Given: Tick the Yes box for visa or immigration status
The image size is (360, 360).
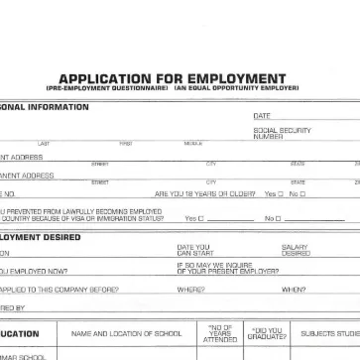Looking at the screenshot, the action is point(202,218).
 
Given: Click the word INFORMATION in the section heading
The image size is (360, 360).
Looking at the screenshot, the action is point(47,105).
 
